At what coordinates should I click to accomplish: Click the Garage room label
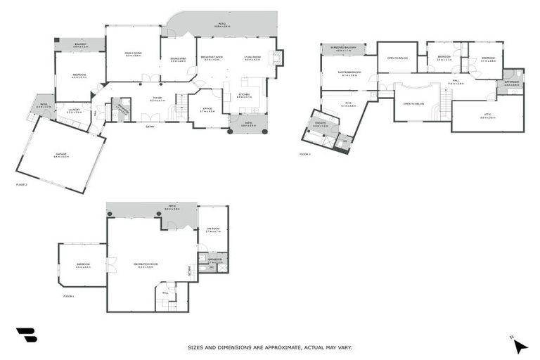[x=60, y=156]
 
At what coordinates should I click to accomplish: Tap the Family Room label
[x=133, y=54]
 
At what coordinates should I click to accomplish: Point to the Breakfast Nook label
[x=212, y=58]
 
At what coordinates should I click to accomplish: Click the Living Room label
[x=253, y=58]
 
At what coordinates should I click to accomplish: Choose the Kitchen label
[x=244, y=95]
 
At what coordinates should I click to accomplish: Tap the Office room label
[x=207, y=110]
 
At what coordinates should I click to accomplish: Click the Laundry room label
[x=74, y=110]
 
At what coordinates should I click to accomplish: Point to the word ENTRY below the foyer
[x=150, y=127]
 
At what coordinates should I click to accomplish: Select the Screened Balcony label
[x=345, y=48]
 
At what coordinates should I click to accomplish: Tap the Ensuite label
[x=321, y=125]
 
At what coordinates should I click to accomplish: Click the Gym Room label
[x=213, y=229]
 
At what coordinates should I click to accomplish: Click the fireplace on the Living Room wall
[x=279, y=58]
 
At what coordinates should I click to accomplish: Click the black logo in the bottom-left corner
[x=25, y=335]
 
